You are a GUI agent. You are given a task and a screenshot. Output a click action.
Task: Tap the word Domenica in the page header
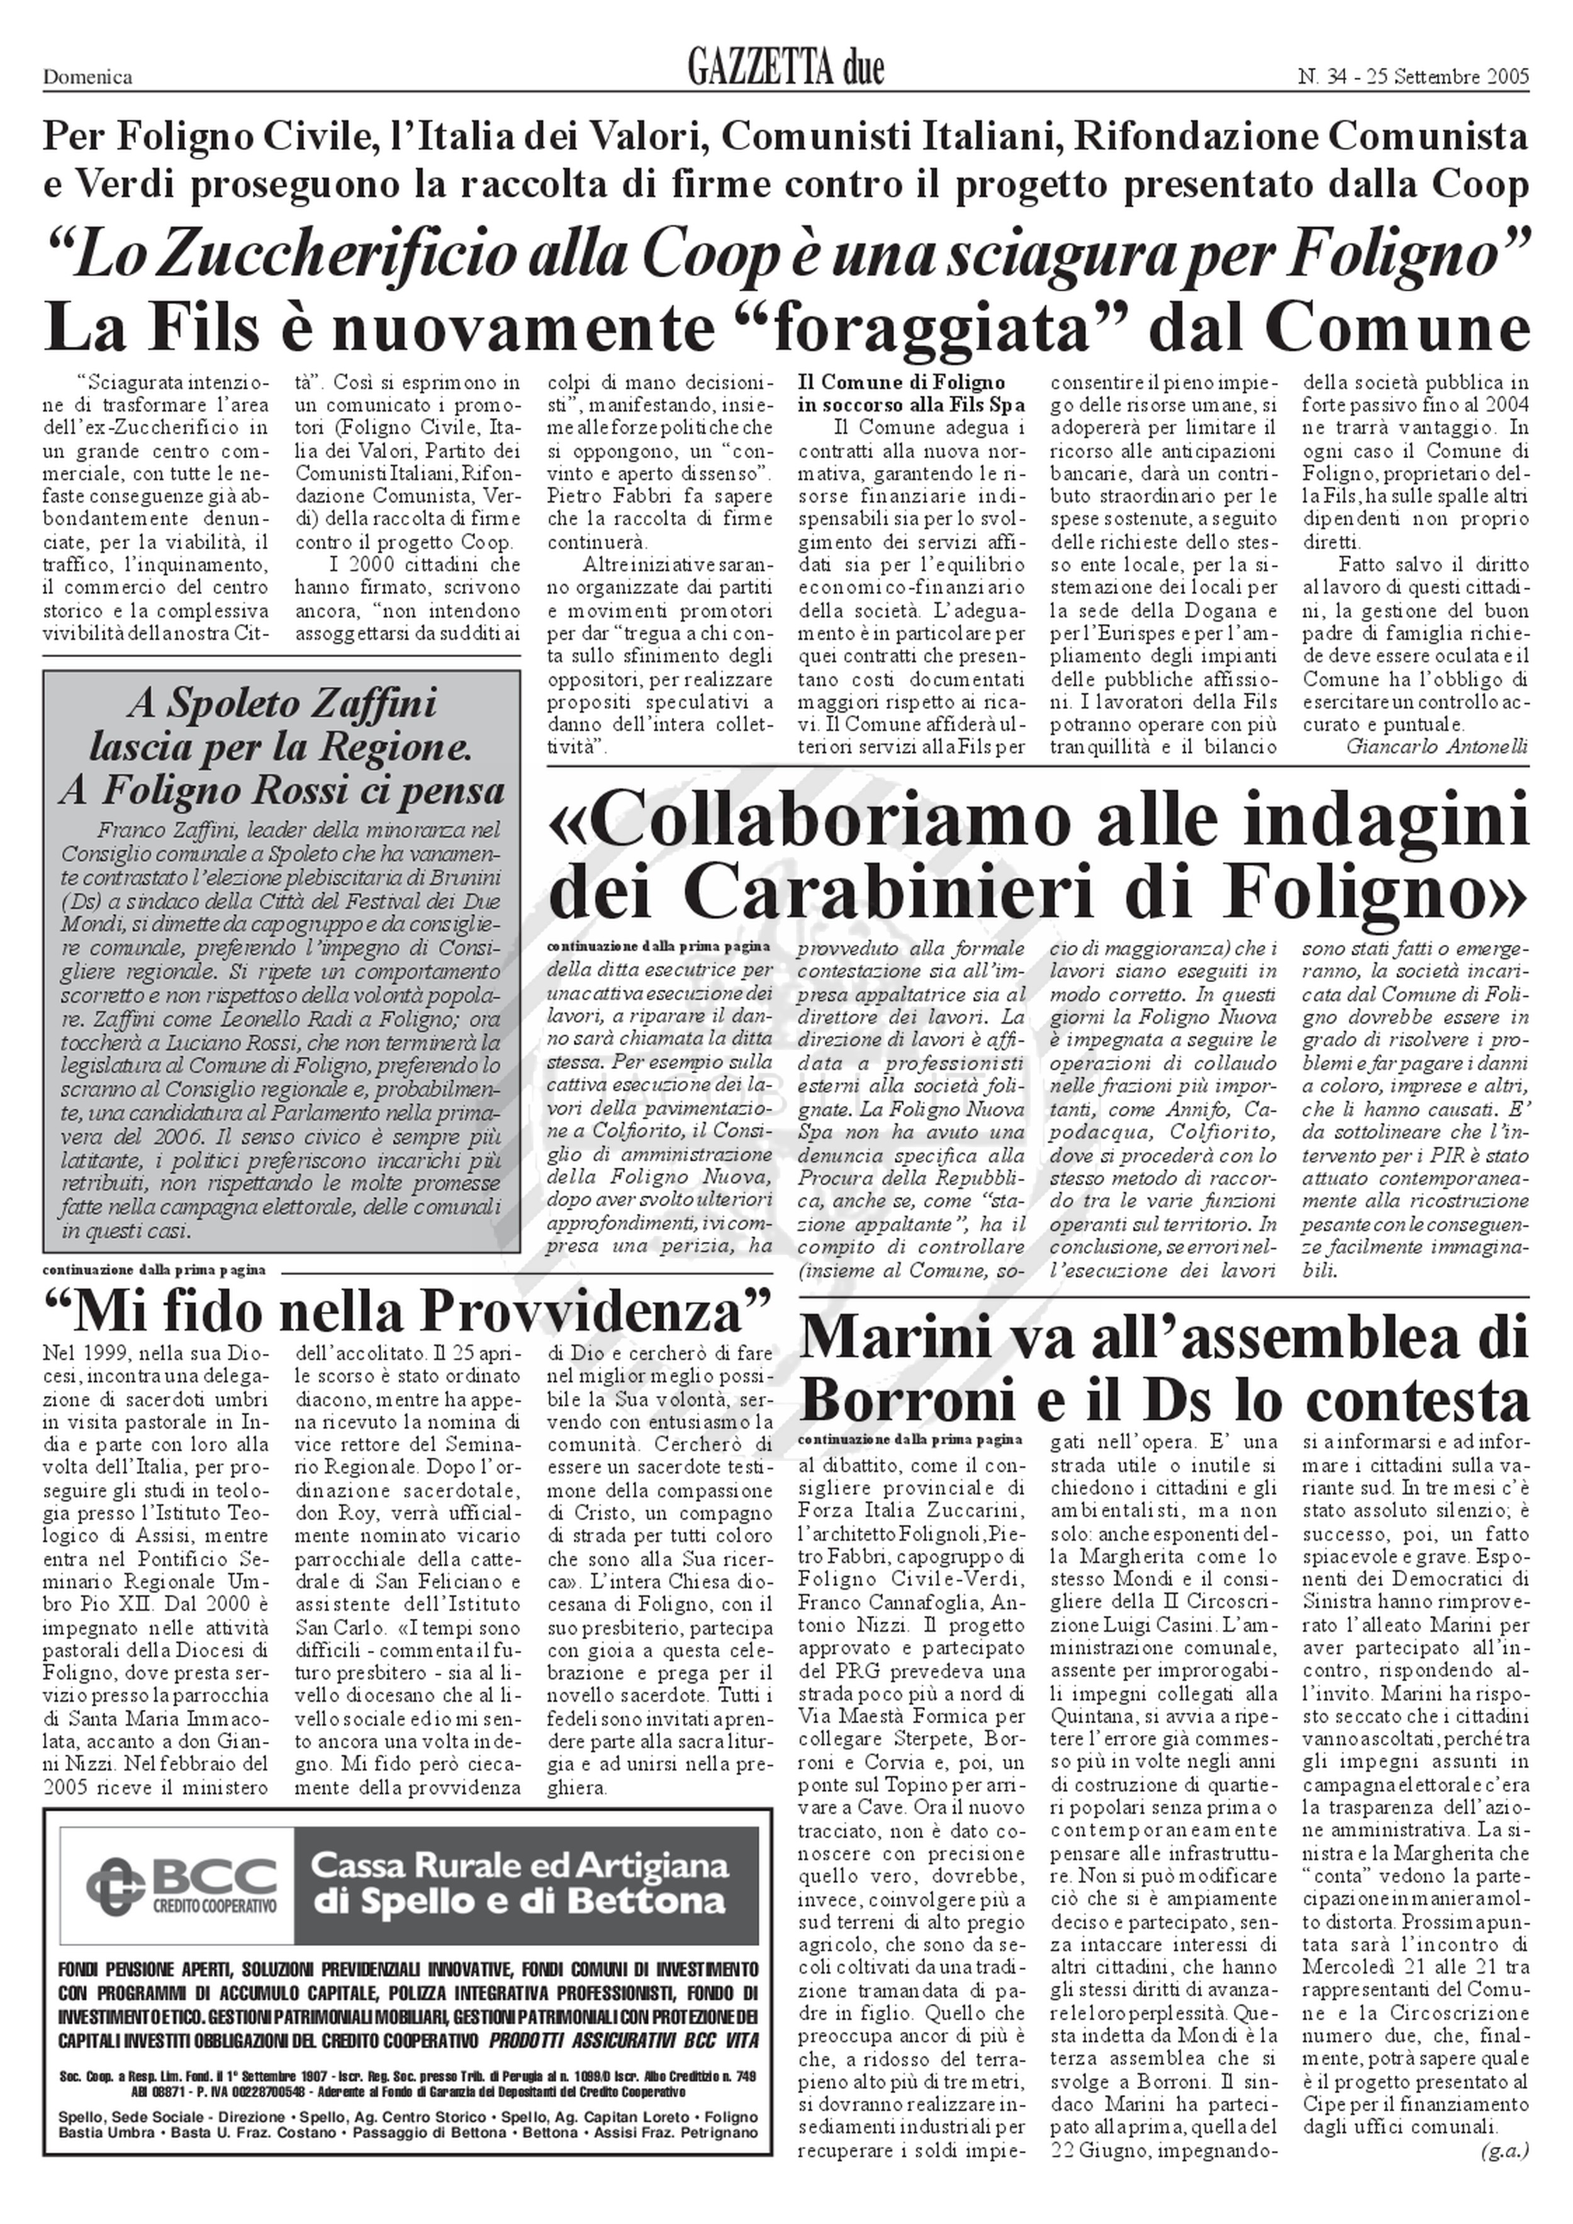[x=87, y=77]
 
